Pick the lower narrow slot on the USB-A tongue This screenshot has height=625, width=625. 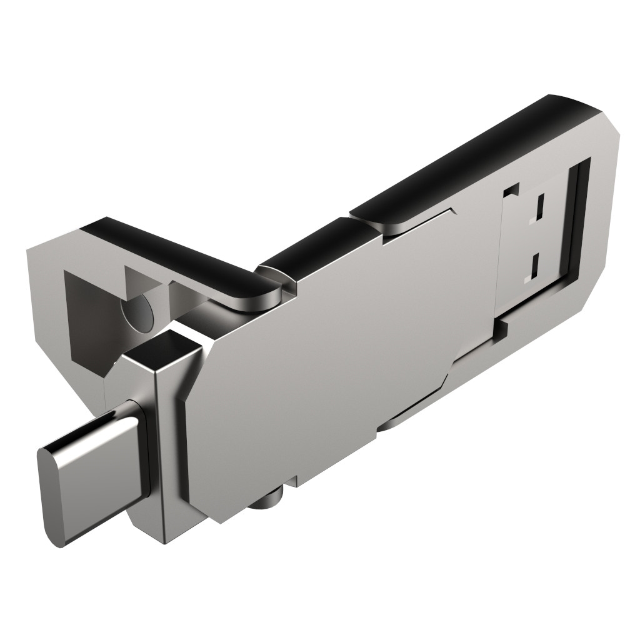[x=536, y=265]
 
